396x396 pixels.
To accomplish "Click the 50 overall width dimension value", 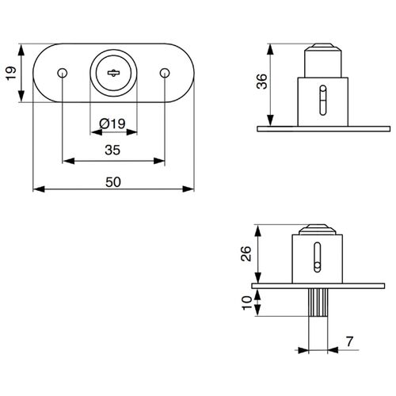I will click(x=113, y=181).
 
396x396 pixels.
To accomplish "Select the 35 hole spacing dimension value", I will click(x=112, y=150).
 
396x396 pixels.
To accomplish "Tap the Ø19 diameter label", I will click(x=112, y=123).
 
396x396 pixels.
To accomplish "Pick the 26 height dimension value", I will click(x=246, y=253).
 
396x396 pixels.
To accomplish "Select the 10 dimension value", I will click(x=246, y=302).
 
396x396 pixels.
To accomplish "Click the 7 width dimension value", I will click(x=349, y=342).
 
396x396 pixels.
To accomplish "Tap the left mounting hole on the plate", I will click(x=62, y=73).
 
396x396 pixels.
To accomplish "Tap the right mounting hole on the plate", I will click(x=164, y=73).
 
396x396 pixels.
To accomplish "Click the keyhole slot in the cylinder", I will click(x=113, y=73).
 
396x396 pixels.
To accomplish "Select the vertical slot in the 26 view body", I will click(x=317, y=260).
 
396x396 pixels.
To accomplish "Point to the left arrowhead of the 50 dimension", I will click(x=37, y=189).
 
